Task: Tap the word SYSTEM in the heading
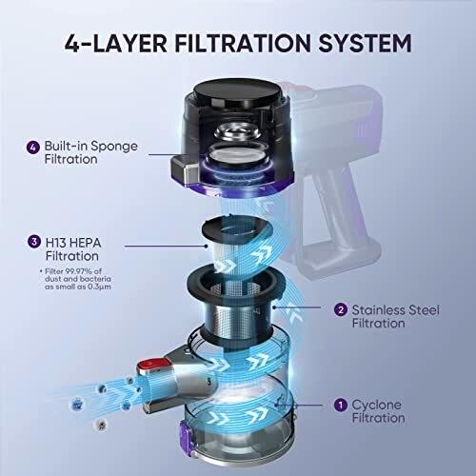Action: (x=365, y=43)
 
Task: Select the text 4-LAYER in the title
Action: (x=116, y=43)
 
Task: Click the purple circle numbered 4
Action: (x=33, y=148)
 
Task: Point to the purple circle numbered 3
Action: (x=34, y=242)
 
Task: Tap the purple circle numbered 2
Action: (x=341, y=309)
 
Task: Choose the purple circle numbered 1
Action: (x=341, y=405)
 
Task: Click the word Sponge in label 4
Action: (x=114, y=147)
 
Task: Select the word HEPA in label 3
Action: (x=85, y=243)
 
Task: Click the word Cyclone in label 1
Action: (x=377, y=405)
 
